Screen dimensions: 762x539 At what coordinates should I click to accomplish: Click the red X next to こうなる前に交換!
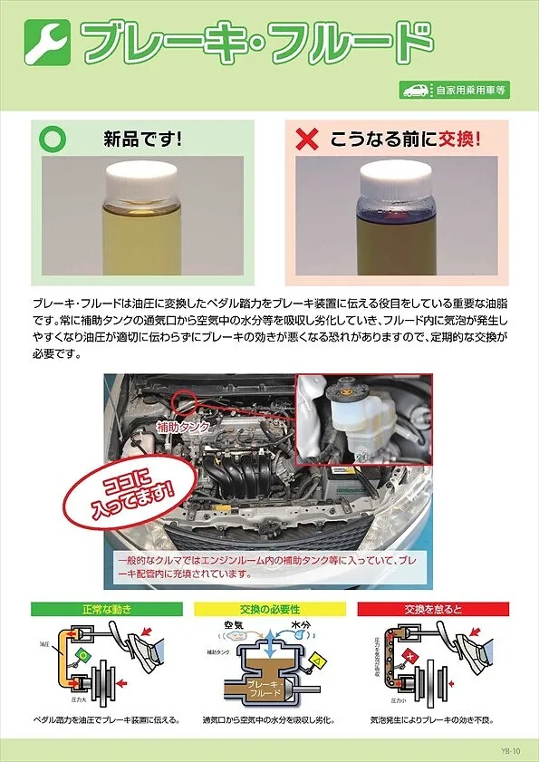tap(308, 140)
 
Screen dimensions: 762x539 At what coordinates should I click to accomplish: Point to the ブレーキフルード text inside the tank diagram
tap(270, 688)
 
